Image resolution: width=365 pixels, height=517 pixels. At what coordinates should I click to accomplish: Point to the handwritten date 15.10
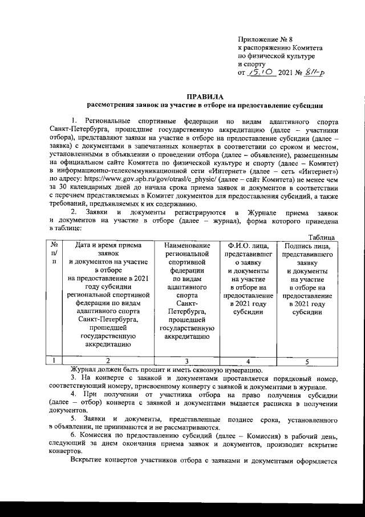point(259,74)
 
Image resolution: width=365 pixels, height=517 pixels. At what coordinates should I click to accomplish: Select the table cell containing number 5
point(307,360)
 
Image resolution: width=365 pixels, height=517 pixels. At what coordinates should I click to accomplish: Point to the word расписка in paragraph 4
point(273,403)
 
